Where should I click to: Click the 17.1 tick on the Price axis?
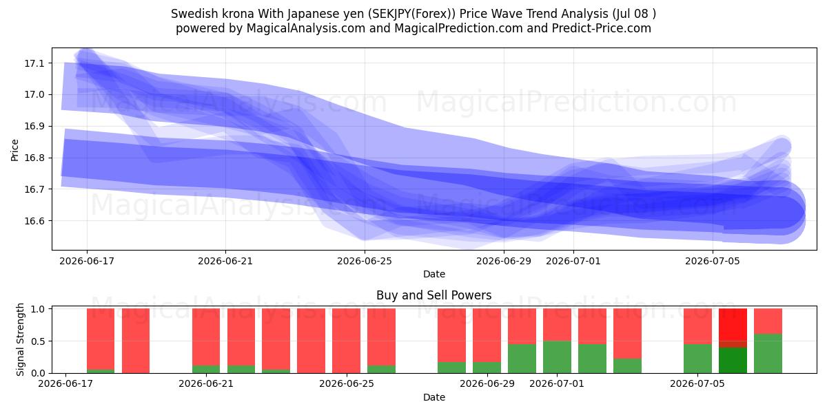tap(34, 63)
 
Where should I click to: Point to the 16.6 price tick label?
tap(34, 221)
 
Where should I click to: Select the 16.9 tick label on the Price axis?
tap(34, 126)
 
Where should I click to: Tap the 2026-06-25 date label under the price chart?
tap(365, 261)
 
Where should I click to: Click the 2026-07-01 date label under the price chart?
tap(573, 261)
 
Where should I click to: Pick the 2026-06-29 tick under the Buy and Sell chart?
tap(487, 383)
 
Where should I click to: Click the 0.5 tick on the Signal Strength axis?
tap(38, 341)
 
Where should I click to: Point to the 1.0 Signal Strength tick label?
tap(38, 309)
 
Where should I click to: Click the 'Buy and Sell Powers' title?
tap(433, 295)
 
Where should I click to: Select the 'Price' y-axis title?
tap(14, 150)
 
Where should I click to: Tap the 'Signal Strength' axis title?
tap(20, 339)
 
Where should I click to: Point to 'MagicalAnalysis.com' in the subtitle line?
tap(306, 28)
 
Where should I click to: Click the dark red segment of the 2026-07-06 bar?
tap(733, 344)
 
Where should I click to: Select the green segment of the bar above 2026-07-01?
tap(557, 357)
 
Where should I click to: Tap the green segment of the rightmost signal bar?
tap(768, 353)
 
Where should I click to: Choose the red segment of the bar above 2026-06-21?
tap(206, 337)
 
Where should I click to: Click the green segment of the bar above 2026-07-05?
tap(697, 359)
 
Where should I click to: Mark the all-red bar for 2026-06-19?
tap(136, 341)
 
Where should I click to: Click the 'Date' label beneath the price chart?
tap(433, 274)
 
